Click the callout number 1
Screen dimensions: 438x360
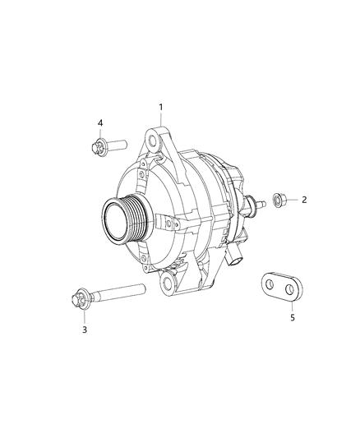pos(161,107)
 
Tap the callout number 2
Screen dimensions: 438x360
pos(303,200)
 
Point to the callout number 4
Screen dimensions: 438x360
pos(100,123)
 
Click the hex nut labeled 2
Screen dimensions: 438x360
pos(277,199)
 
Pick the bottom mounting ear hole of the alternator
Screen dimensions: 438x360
pos(170,285)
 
